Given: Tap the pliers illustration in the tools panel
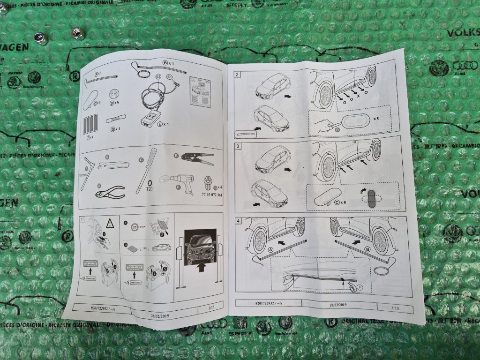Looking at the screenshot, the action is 111,191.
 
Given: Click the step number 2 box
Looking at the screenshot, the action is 238,75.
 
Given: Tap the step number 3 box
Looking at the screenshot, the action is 238,146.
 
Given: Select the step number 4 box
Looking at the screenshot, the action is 238,221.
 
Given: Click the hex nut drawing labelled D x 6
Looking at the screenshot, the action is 113,91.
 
